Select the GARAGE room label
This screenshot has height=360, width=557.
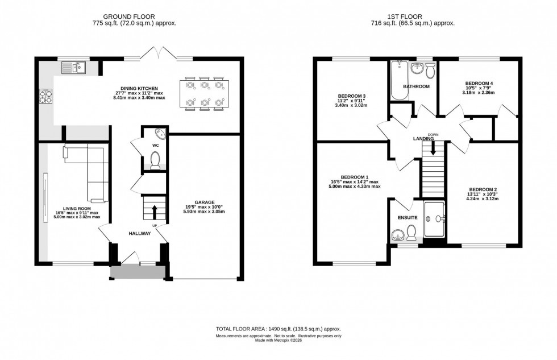[x=204, y=202]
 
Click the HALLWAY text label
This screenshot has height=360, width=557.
[x=139, y=233]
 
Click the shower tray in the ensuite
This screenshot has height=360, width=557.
[x=435, y=219]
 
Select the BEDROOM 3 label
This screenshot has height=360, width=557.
[x=351, y=95]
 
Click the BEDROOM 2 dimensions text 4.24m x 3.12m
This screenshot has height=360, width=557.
[x=483, y=199]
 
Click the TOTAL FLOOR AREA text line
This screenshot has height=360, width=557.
[x=278, y=329]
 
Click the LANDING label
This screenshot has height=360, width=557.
[x=423, y=138]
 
